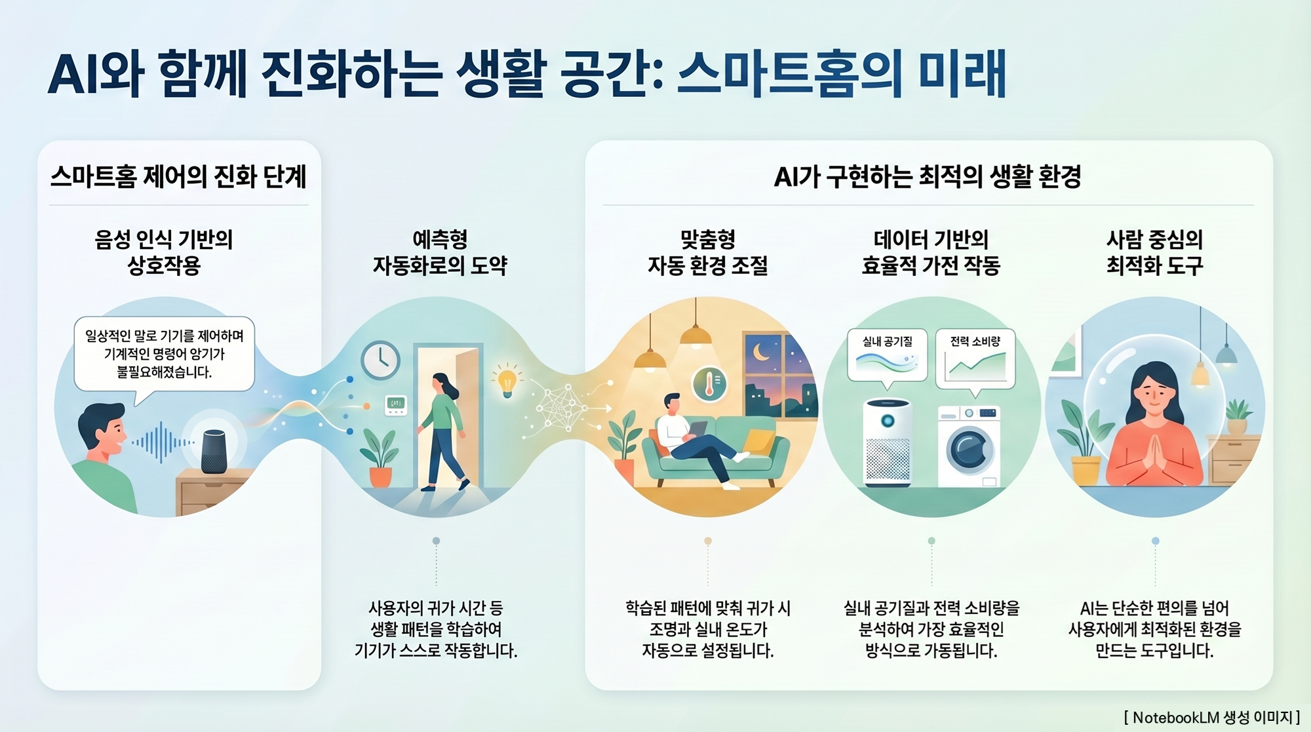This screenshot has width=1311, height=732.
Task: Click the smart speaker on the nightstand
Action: [x=214, y=451]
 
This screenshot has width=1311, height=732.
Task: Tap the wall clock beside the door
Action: [x=380, y=360]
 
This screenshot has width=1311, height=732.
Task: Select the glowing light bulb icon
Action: [x=507, y=381]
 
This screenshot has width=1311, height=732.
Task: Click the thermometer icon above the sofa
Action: [x=709, y=384]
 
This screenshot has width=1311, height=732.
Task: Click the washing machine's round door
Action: [x=969, y=450]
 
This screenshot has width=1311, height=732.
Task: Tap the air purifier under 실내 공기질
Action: [x=888, y=442]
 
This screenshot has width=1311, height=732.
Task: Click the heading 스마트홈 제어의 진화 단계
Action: [x=178, y=176]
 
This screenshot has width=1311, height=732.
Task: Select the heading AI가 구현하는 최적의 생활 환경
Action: [x=928, y=176]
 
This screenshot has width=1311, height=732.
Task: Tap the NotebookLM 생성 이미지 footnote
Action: [x=1211, y=717]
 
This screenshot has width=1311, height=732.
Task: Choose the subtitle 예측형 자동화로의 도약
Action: [x=440, y=252]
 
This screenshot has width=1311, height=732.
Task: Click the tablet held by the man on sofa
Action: [x=697, y=429]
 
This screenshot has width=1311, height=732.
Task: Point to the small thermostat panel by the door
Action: [x=396, y=404]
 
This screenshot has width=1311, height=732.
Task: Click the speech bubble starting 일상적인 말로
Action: [x=164, y=355]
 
